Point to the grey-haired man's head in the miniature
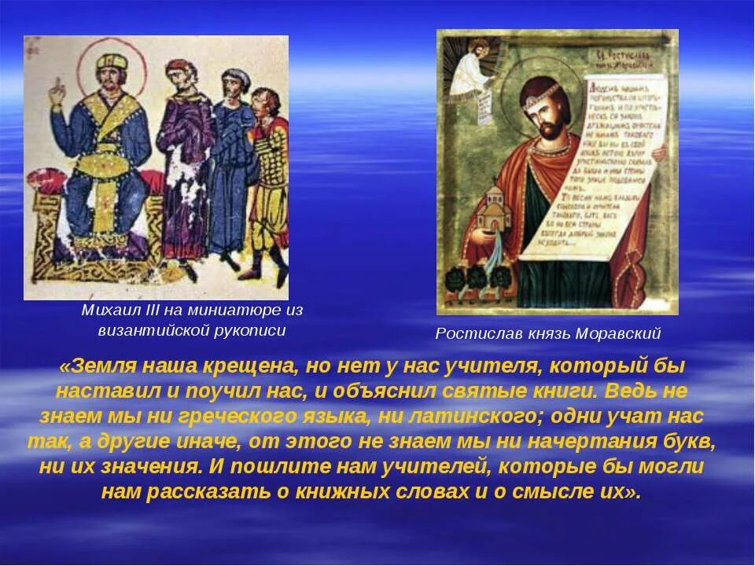tap(234, 82)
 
